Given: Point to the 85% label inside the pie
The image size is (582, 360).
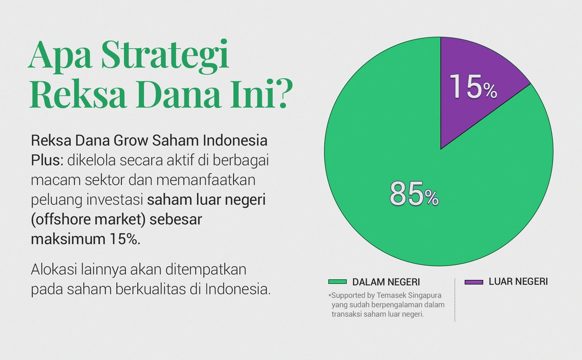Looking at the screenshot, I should pos(414,194).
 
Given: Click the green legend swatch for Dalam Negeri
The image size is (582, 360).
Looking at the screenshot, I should pos(337,282).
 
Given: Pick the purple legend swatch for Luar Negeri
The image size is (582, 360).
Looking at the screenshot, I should pos(474,282).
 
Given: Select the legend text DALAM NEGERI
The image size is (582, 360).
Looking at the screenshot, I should pos(386,282).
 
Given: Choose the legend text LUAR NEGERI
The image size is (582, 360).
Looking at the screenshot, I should pos(518,281).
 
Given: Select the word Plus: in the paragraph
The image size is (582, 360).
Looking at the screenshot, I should pos(47,160).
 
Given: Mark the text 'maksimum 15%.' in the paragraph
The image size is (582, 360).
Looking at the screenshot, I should pos(86,239).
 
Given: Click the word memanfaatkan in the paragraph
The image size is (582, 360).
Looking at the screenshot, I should pos(206,180).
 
